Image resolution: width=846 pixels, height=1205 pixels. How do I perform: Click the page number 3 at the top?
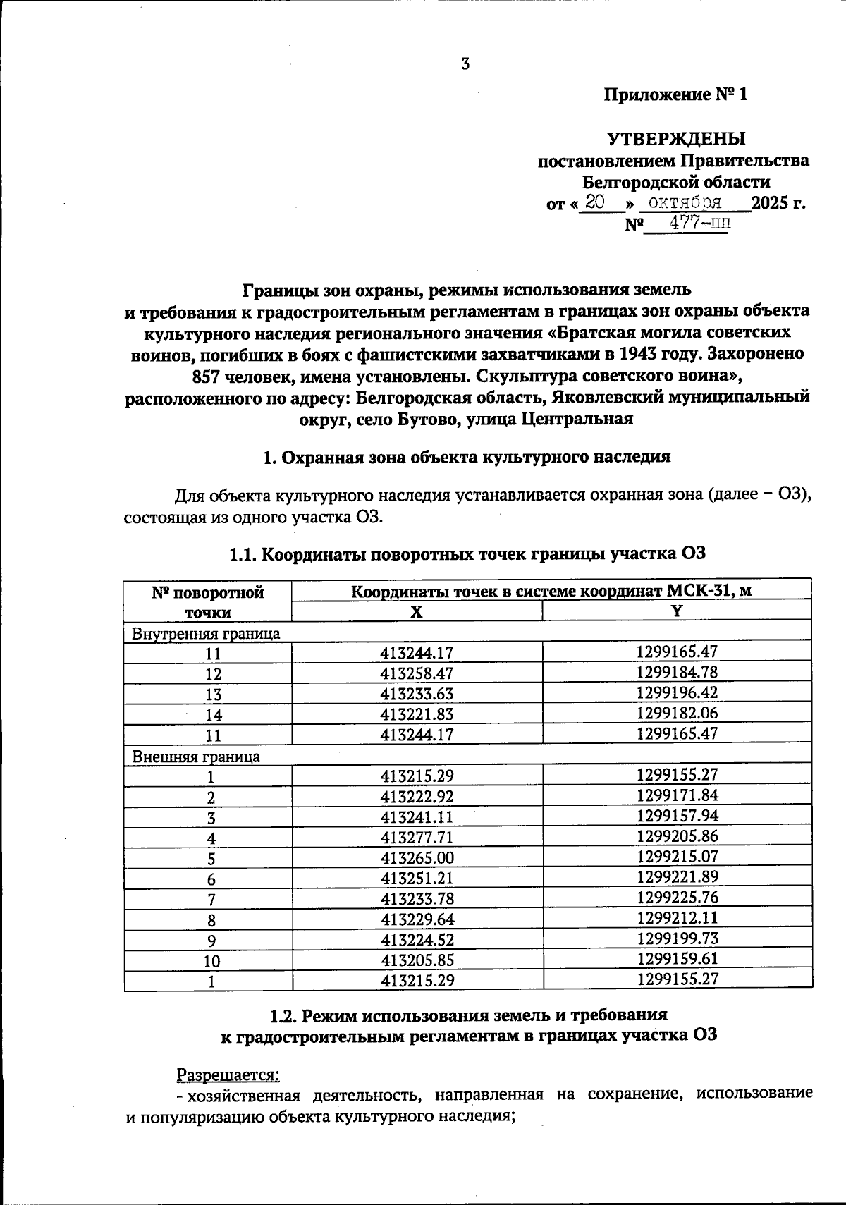pos(465,64)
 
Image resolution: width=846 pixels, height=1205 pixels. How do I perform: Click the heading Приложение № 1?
pos(675,94)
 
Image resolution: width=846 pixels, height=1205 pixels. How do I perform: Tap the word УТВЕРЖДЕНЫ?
pos(676,138)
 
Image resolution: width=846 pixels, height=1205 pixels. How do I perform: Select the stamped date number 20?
pos(596,202)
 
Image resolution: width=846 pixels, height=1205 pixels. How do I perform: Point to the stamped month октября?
pos(684,203)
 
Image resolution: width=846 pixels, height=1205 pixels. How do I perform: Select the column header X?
pos(417,612)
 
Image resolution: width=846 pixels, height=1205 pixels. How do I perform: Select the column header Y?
pos(677,611)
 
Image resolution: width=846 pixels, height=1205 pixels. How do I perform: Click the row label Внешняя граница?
pos(197,757)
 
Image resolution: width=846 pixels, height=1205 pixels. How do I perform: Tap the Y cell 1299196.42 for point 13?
pos(677,692)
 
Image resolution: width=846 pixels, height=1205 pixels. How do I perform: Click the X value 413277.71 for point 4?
pos(417,838)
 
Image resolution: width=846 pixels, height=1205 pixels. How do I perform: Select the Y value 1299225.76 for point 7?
pos(677,898)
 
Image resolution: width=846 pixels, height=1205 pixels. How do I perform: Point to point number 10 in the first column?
pos(211,961)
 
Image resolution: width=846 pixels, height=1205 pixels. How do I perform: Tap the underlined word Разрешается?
pos(228,1076)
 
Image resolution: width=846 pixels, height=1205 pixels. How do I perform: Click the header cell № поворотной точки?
pos(208,602)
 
